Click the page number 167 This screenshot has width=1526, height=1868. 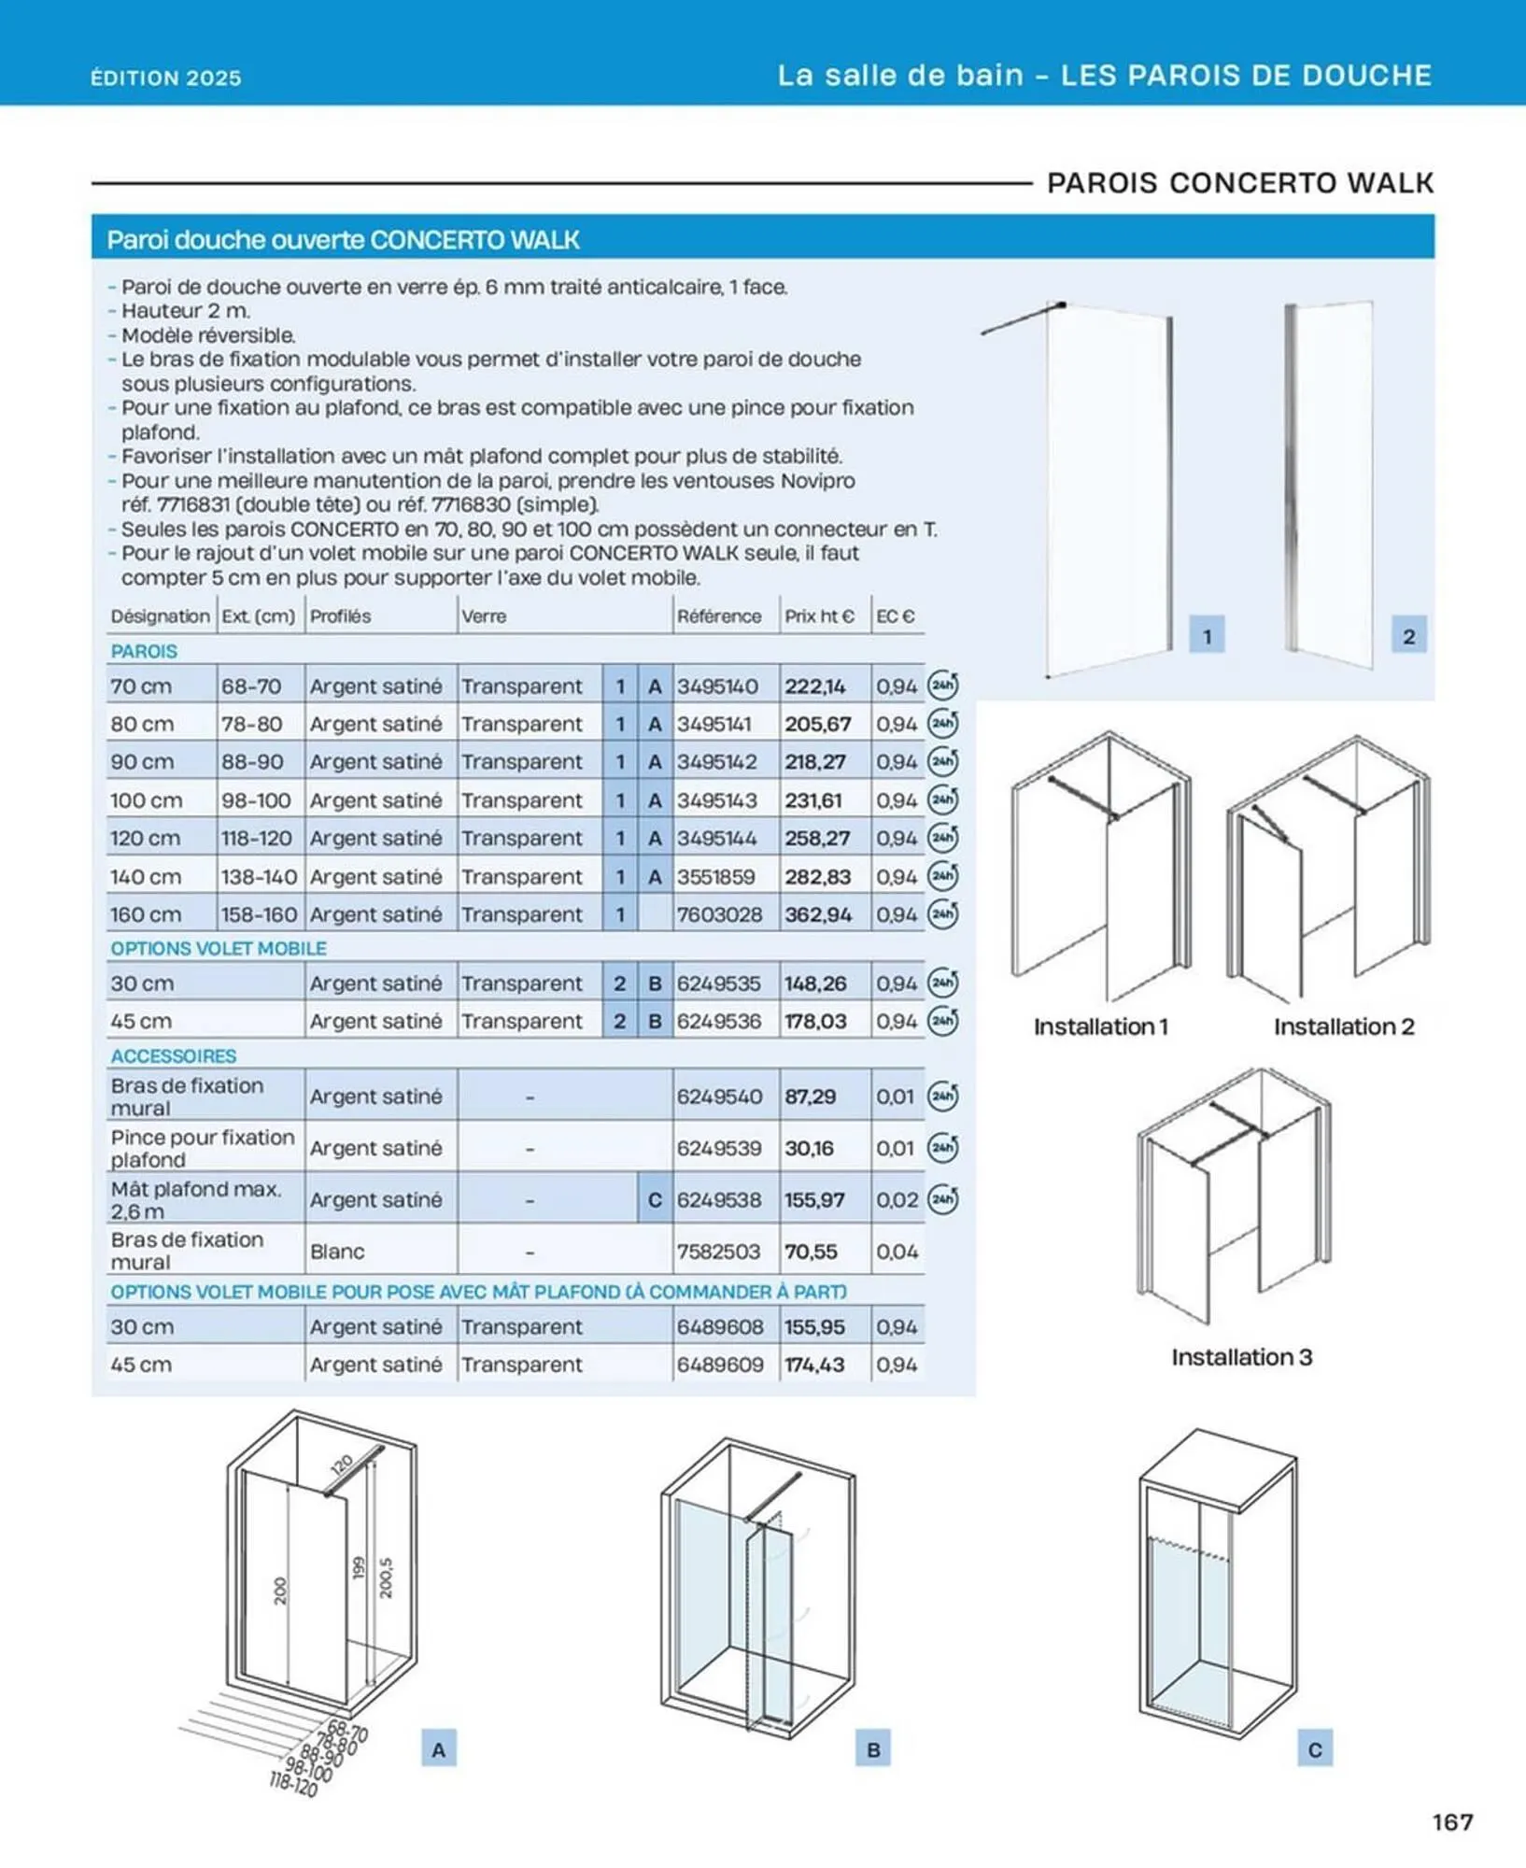(x=1452, y=1821)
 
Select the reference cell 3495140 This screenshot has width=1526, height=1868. (x=717, y=686)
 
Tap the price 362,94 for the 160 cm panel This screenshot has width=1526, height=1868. (x=817, y=914)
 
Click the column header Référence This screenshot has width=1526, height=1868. (x=718, y=616)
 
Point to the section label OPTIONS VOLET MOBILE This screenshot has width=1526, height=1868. (x=219, y=948)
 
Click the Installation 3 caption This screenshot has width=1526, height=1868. (x=1241, y=1357)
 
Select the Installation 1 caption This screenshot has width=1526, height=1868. (x=1100, y=1026)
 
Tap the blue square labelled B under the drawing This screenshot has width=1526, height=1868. (x=873, y=1749)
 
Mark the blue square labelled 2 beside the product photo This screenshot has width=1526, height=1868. (x=1408, y=636)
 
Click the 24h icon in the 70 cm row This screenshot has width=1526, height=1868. (x=942, y=686)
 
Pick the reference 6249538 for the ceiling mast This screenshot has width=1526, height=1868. (x=719, y=1199)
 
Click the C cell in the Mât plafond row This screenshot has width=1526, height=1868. (x=655, y=1199)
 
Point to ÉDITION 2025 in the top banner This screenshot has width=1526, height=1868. (x=166, y=78)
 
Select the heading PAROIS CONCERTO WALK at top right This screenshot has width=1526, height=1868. (x=1240, y=183)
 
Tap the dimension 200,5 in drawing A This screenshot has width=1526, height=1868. (x=387, y=1578)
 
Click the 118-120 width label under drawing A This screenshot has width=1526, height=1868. (x=293, y=1784)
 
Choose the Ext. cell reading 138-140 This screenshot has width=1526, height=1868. (x=259, y=877)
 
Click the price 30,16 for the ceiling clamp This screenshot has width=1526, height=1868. (x=809, y=1148)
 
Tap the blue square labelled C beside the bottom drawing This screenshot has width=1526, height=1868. (x=1315, y=1749)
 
